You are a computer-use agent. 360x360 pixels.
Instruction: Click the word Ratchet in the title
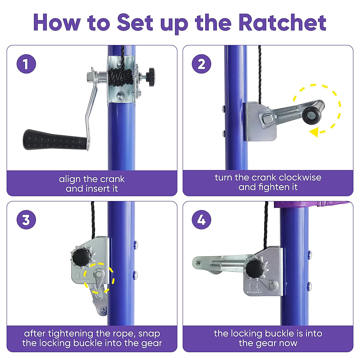pos(282,22)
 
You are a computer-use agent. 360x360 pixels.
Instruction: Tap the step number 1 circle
pos(26,64)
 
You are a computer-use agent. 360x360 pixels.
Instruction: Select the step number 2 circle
pos(201,64)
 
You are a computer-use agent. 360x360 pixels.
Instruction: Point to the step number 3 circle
pos(26,220)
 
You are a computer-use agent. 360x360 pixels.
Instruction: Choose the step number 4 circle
pos(201,220)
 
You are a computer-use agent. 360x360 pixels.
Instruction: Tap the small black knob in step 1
pos(151,77)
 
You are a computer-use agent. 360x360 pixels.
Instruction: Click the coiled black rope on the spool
pos(120,77)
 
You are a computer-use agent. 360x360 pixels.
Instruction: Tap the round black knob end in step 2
pos(312,115)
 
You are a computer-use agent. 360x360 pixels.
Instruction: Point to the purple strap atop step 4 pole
pos(312,204)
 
